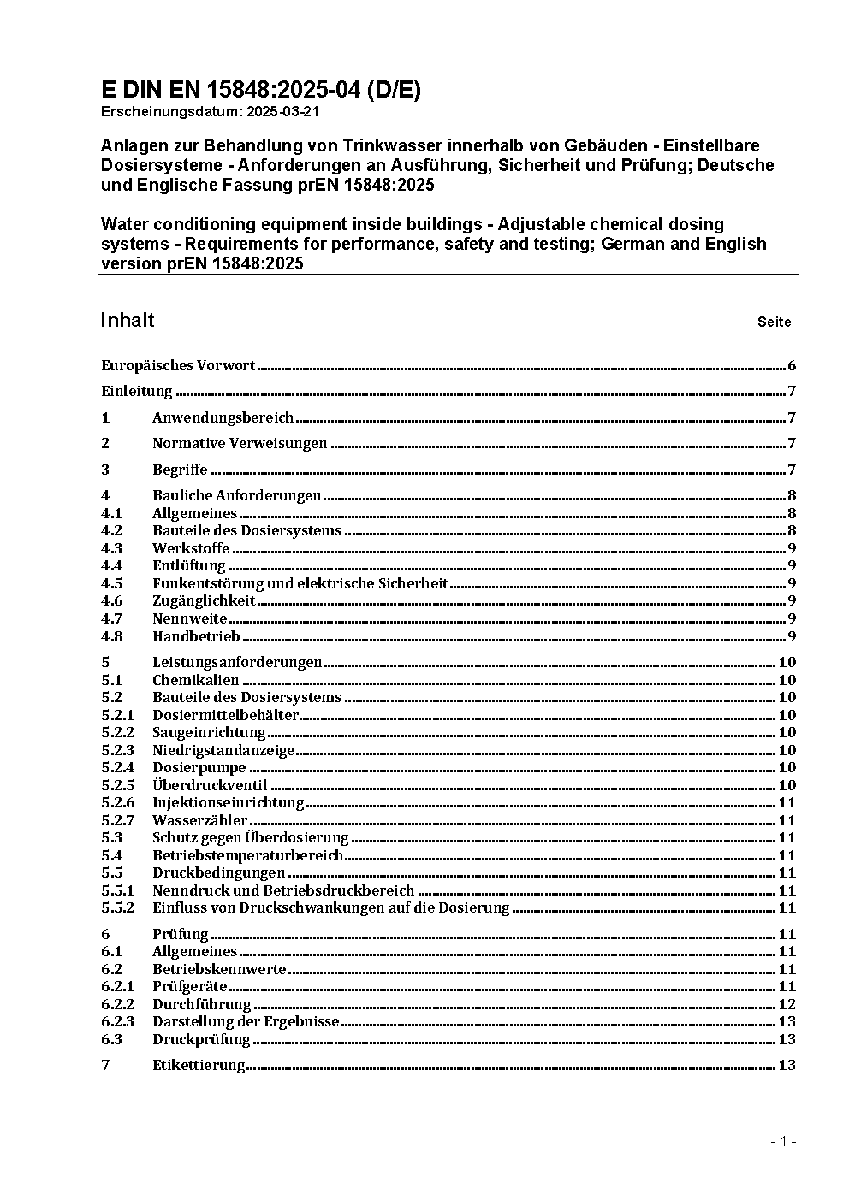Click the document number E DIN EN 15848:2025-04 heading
click(261, 90)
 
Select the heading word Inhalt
click(128, 320)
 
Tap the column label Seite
click(774, 322)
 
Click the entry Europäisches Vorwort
click(178, 366)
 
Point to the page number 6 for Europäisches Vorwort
click(792, 366)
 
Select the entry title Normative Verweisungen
click(240, 443)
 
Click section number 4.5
click(111, 583)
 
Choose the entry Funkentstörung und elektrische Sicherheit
click(300, 583)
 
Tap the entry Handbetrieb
click(196, 636)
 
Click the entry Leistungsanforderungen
click(237, 662)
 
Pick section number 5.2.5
click(117, 785)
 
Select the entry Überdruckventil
click(210, 785)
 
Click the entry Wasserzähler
click(200, 820)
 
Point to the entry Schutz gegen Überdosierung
click(251, 837)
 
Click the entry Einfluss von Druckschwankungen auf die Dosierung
click(330, 907)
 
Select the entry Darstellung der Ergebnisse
click(246, 1021)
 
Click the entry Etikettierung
click(199, 1065)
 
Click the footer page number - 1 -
click(784, 1141)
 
